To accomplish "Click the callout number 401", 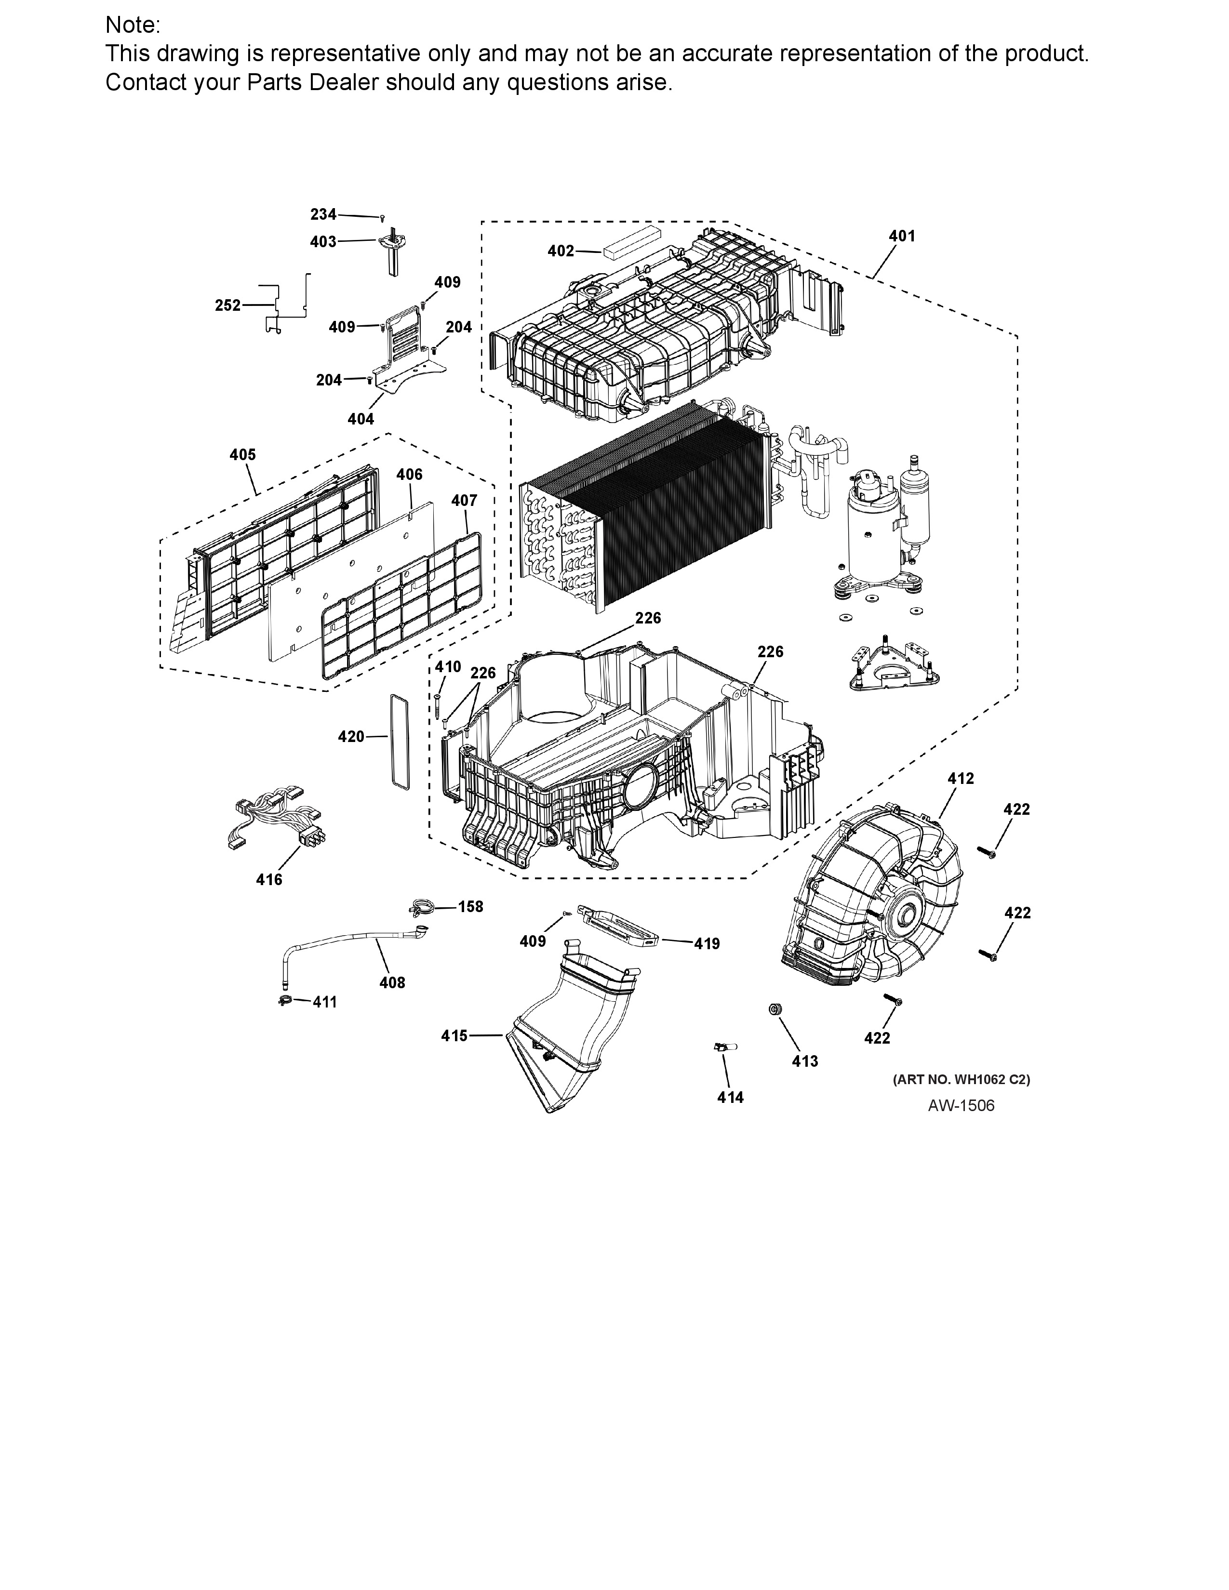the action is point(901,236).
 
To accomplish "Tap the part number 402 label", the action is point(561,251).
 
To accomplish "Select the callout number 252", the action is point(228,306).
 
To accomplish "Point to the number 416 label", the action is point(268,879).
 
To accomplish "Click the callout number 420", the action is point(351,737).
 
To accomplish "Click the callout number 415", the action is point(454,1035).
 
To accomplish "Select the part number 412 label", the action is point(961,778).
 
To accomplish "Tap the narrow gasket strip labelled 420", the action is point(400,741).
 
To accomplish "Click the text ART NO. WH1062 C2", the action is point(961,1080).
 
